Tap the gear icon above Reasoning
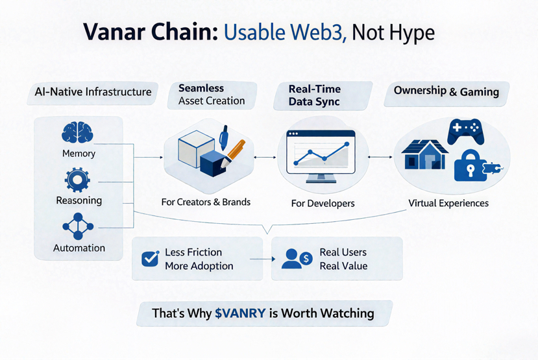pyautogui.click(x=78, y=179)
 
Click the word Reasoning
pyautogui.click(x=79, y=200)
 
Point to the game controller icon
pyautogui.click(x=465, y=132)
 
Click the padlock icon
pyautogui.click(x=471, y=167)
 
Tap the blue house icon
pyautogui.click(x=424, y=154)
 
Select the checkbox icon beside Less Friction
pyautogui.click(x=151, y=259)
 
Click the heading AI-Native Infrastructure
pyautogui.click(x=93, y=92)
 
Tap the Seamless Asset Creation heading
pyautogui.click(x=211, y=94)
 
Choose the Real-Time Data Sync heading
pyautogui.click(x=315, y=95)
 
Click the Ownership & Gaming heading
pyautogui.click(x=446, y=91)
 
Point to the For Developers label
pyautogui.click(x=323, y=203)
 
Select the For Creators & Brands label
pyautogui.click(x=206, y=202)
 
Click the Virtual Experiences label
pyautogui.click(x=448, y=203)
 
